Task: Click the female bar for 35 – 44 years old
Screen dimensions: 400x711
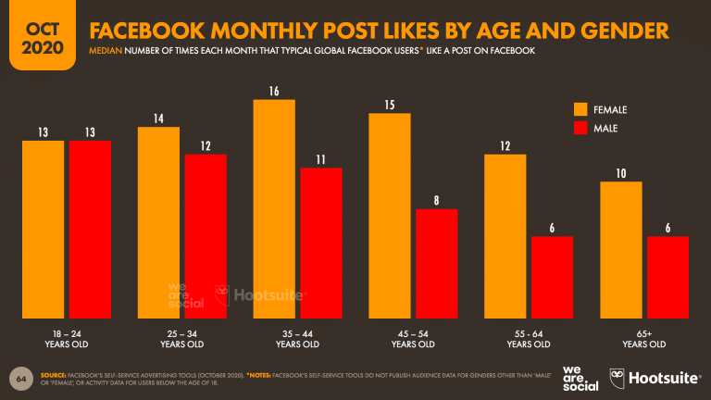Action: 274,207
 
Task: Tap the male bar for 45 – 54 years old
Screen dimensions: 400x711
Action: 436,263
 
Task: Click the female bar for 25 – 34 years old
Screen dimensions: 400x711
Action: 158,221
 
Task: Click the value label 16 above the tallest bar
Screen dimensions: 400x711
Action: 274,92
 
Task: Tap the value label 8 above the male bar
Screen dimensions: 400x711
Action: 436,201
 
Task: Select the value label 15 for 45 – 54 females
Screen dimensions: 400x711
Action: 390,106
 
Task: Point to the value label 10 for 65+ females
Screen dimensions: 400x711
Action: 621,174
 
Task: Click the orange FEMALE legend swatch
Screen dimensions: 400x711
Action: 582,109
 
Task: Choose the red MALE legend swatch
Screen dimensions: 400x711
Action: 582,128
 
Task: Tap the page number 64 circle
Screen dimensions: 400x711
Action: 20,380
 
